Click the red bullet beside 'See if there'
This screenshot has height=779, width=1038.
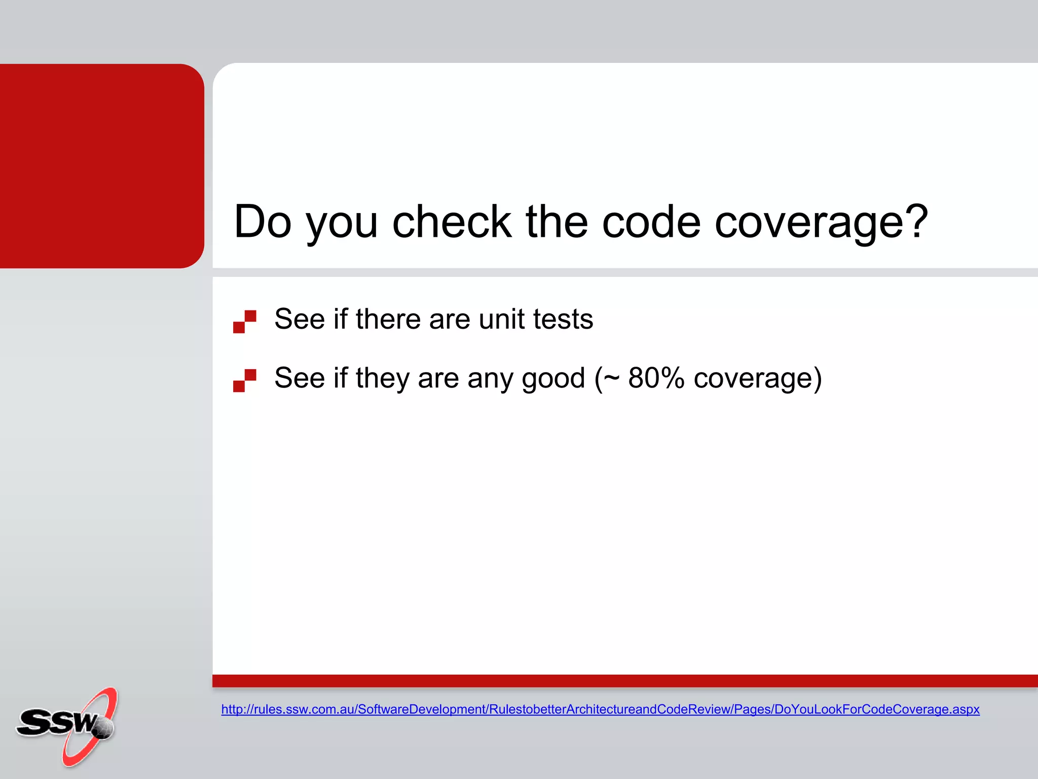click(x=244, y=322)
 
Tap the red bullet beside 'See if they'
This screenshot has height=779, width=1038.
click(x=244, y=380)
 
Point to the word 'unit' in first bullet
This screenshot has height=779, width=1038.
click(x=501, y=320)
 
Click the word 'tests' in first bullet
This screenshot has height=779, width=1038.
click(x=563, y=320)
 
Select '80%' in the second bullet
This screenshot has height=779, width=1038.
click(x=656, y=378)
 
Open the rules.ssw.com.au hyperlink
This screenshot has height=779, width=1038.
click(x=600, y=709)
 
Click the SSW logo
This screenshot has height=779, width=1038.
click(x=66, y=725)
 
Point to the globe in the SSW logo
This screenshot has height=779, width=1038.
click(x=104, y=728)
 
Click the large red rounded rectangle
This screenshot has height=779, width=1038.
click(x=101, y=166)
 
